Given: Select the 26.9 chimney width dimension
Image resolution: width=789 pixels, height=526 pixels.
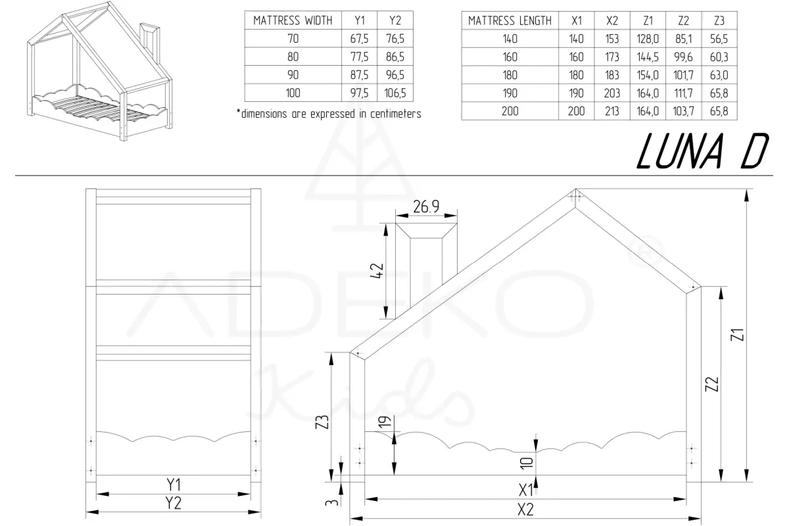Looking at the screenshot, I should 426,207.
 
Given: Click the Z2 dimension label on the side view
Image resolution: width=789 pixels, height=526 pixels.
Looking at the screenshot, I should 711,384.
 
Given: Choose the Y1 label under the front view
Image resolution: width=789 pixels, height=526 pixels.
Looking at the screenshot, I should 174,485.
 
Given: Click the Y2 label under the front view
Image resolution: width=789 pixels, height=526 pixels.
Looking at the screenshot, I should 174,503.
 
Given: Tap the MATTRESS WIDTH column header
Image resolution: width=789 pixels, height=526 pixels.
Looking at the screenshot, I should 293,21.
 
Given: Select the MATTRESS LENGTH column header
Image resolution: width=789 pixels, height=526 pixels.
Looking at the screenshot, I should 510,21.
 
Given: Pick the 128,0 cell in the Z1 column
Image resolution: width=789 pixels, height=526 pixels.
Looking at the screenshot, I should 647,39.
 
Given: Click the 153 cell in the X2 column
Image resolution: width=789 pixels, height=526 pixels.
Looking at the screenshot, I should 611,39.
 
